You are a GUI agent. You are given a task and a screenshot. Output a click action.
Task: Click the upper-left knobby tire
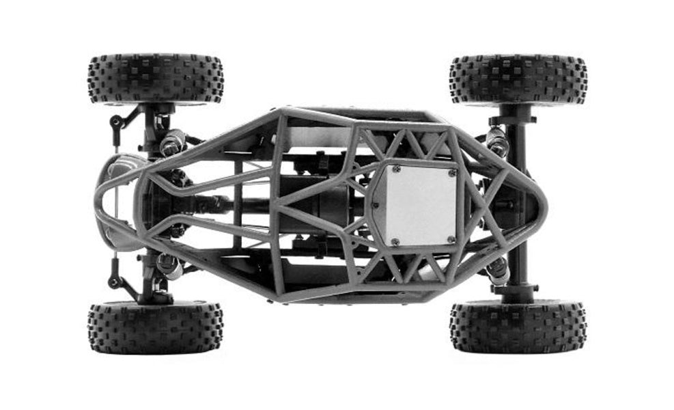tap(156, 79)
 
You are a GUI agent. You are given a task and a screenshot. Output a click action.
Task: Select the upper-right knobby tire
tap(518, 79)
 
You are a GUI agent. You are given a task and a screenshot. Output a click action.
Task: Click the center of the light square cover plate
tap(418, 204)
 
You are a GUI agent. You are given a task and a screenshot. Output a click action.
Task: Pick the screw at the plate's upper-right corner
tap(451, 173)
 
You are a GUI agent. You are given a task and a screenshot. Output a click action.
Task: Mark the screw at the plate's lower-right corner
tap(450, 238)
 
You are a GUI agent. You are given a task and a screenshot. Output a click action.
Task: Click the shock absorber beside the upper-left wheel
tap(171, 142)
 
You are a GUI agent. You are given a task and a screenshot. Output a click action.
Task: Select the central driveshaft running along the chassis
tap(225, 203)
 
